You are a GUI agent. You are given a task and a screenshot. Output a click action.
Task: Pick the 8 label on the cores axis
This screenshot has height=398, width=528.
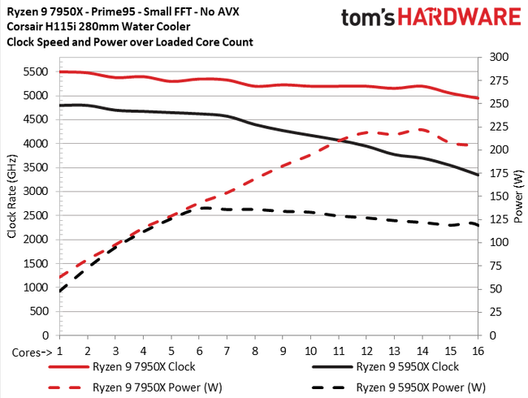tap(256, 351)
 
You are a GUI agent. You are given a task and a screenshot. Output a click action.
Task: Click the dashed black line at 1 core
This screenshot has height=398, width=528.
tap(61, 291)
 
